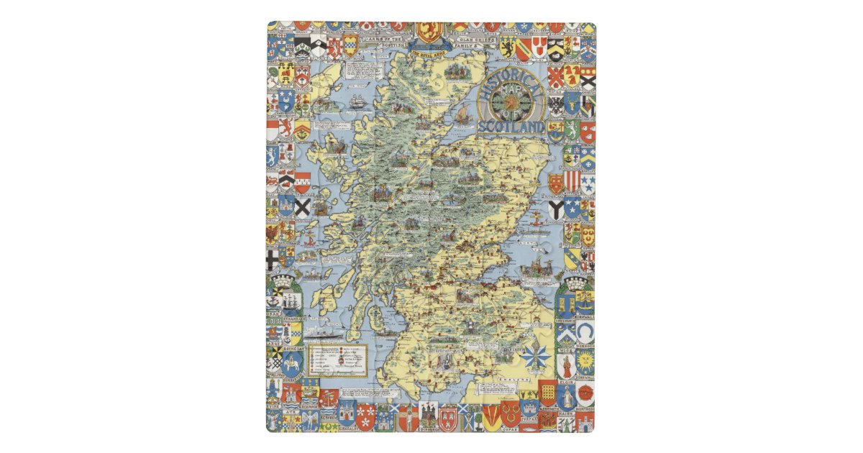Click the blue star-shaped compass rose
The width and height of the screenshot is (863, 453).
(x=536, y=357)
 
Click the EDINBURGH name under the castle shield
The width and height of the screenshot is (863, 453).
(x=429, y=429)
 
